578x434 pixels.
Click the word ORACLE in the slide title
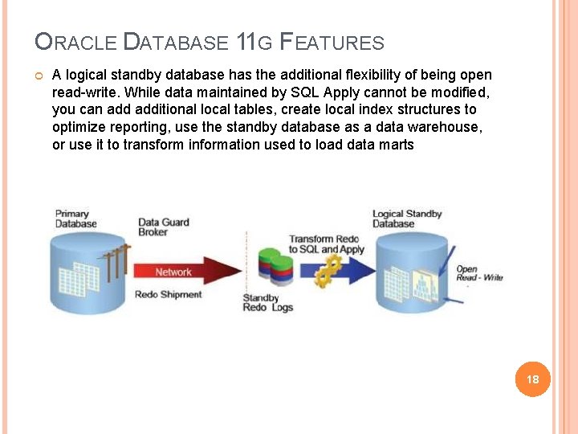[x=76, y=42]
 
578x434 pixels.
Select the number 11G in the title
[x=253, y=42]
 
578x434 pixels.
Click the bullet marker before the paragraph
[x=38, y=76]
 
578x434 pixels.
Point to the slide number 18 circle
[x=532, y=379]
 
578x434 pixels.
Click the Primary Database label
[x=75, y=219]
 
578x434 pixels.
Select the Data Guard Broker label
[x=163, y=227]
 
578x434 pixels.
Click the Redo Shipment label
[x=168, y=295]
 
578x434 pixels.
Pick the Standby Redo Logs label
[x=267, y=303]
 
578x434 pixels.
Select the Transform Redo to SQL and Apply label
[x=327, y=244]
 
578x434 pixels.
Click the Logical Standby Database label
[x=407, y=219]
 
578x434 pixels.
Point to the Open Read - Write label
[x=479, y=273]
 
